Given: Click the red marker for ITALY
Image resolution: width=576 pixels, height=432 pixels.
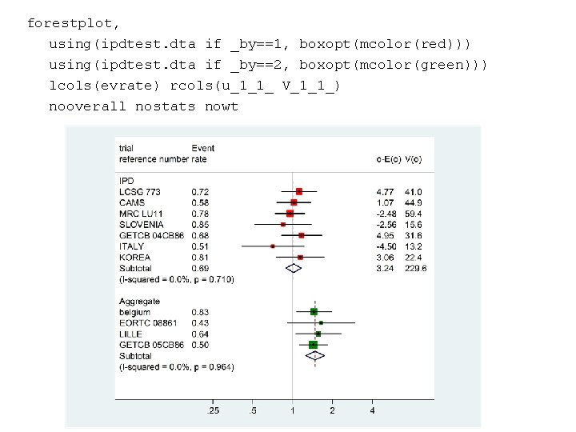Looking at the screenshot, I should (273, 246).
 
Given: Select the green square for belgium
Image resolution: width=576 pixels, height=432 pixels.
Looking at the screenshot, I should (314, 311).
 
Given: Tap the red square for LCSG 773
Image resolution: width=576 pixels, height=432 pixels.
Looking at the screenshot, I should (298, 191).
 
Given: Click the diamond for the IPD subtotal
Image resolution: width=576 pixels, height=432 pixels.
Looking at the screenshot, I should (294, 269).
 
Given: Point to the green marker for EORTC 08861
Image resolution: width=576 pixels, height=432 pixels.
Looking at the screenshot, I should (321, 322).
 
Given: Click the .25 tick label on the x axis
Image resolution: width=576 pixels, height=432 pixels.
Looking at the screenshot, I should (213, 410).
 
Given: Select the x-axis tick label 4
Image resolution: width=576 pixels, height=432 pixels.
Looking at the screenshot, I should (372, 410).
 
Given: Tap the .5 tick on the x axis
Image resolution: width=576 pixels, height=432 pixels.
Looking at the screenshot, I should (253, 410).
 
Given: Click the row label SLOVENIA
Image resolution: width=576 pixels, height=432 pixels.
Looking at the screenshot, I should (142, 225).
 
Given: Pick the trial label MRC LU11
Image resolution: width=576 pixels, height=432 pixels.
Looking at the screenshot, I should (141, 214).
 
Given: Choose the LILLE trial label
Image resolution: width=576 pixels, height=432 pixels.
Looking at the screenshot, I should (130, 334).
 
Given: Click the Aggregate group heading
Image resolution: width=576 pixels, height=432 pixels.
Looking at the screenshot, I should (139, 301).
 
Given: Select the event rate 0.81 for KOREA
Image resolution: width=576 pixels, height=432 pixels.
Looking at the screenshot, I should (200, 258).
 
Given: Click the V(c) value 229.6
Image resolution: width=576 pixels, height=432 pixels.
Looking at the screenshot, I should (416, 269).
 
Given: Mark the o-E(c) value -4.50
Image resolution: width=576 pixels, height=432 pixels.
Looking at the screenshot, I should (386, 246).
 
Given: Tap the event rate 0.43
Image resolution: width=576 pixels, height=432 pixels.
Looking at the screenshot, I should (200, 322).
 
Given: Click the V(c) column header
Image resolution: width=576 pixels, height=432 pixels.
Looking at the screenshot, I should (414, 159).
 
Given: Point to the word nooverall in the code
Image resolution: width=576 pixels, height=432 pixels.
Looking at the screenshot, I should (87, 106).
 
